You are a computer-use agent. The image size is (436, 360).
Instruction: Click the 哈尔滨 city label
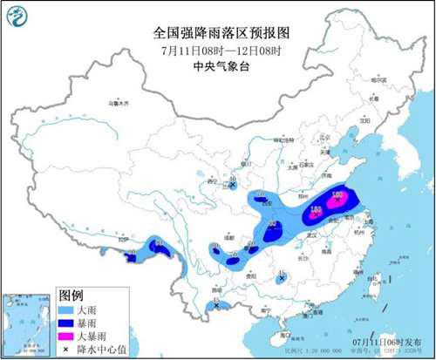tap(377, 80)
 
